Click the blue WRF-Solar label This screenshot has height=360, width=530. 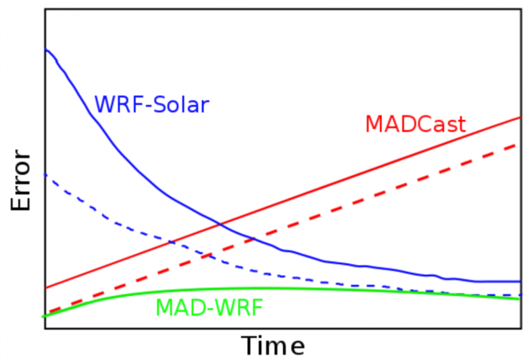tap(151, 105)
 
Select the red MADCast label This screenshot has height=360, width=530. tap(415, 124)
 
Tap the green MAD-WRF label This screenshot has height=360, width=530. tap(209, 308)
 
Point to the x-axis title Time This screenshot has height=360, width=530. tap(273, 345)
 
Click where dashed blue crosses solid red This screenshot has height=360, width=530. tap(171, 242)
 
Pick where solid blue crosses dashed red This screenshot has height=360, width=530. tap(254, 239)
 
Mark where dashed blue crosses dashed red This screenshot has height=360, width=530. tap(208, 255)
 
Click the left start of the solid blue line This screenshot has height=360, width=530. tap(45, 49)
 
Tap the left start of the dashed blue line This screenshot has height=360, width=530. tap(45, 175)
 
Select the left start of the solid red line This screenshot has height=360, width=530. tap(45, 288)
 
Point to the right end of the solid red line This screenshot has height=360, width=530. tap(519, 117)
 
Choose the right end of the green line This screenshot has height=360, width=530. tap(519, 299)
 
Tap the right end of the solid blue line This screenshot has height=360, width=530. tap(519, 281)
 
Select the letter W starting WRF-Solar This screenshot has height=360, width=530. tap(104, 105)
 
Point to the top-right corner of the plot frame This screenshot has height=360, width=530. tap(520, 8)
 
